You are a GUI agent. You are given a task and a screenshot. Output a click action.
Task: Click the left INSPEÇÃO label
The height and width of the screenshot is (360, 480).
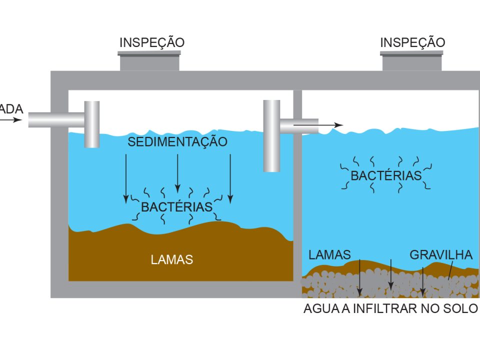pyautogui.click(x=151, y=43)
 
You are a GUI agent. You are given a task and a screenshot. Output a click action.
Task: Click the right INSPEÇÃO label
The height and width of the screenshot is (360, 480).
pyautogui.click(x=412, y=43)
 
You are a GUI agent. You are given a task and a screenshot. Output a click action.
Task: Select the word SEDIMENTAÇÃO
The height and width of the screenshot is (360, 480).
pyautogui.click(x=177, y=142)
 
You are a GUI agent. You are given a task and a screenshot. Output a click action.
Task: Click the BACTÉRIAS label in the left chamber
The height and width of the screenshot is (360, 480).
pyautogui.click(x=177, y=207)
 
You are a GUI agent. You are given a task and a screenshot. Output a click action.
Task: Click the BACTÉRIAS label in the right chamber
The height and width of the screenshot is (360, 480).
pyautogui.click(x=386, y=176)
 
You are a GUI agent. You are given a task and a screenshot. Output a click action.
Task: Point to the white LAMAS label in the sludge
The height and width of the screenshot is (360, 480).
pyautogui.click(x=171, y=260)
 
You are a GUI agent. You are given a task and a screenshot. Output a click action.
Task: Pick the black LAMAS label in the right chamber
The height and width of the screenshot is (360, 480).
pyautogui.click(x=329, y=254)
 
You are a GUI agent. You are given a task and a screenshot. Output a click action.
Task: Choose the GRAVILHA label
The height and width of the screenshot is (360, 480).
pyautogui.click(x=441, y=255)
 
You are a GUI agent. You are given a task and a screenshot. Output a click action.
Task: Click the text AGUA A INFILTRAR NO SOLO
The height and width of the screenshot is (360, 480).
pyautogui.click(x=391, y=308)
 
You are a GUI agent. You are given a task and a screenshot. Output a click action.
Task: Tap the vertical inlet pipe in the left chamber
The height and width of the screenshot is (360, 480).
pyautogui.click(x=92, y=125)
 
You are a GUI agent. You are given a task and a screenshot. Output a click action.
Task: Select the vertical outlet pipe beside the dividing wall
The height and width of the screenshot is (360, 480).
pyautogui.click(x=271, y=135)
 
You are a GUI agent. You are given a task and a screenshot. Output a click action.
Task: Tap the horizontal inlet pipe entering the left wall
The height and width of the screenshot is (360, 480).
pyautogui.click(x=55, y=120)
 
